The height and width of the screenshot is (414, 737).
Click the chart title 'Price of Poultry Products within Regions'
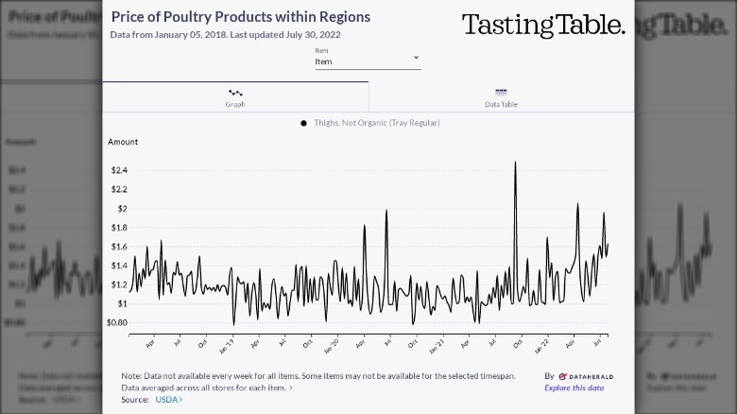[240, 17]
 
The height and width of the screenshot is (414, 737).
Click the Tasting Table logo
[543, 26]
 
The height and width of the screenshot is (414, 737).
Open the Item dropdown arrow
[416, 59]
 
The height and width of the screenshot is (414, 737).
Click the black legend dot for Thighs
[303, 123]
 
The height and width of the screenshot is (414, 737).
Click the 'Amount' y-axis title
[123, 142]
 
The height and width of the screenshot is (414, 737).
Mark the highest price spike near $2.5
[515, 163]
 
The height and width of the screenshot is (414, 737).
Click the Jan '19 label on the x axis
[228, 346]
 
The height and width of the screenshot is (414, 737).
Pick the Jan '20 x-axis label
[332, 346]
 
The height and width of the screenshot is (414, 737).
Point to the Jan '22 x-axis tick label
[540, 346]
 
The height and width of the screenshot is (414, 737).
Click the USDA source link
[167, 400]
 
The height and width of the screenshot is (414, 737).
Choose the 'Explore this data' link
[574, 388]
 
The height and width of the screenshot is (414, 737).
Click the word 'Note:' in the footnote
[131, 375]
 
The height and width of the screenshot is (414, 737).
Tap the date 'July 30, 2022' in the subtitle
[314, 35]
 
